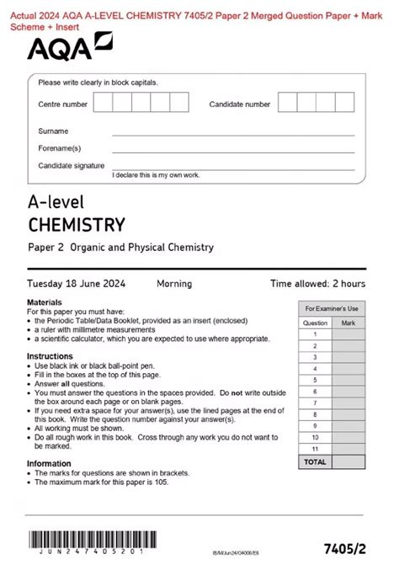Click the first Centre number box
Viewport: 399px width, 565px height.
104,104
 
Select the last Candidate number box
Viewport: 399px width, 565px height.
347,104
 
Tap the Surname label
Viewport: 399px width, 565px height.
53,131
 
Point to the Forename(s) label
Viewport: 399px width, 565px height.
58,148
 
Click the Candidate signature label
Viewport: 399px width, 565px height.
71,165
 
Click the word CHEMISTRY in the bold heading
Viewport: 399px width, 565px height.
76,225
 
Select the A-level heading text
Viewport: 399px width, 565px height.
56,203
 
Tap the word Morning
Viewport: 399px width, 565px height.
173,284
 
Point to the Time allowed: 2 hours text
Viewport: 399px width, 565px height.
317,284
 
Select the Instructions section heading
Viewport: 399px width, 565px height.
50,356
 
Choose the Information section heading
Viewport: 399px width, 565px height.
49,463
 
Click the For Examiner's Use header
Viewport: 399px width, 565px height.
332,309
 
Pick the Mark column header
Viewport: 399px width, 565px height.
348,322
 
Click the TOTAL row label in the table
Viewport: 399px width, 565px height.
315,462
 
